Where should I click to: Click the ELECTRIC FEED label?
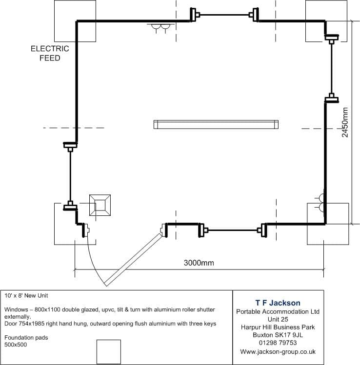coord(50,53)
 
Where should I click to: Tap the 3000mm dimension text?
coord(199,263)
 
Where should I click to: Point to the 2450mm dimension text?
coord(345,122)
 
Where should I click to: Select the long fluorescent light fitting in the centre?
coord(216,125)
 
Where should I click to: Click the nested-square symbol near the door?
coord(100,205)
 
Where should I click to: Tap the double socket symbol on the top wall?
coord(161,28)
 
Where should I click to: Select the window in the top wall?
coord(224,15)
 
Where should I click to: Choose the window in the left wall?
coord(70,176)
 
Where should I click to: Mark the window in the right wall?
coord(332,69)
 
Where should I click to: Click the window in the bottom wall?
coord(233,230)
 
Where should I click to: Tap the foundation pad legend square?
coord(109,351)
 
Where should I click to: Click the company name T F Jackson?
coord(278,303)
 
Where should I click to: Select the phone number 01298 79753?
coord(278,343)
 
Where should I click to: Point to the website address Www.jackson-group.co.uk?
coord(278,351)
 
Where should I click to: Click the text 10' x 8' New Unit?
coord(26,296)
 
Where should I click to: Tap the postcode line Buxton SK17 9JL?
coord(278,335)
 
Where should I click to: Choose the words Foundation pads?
coord(26,338)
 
